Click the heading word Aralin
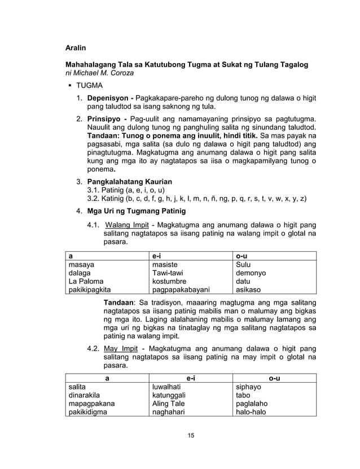pos(77,49)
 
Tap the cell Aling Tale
pos(168,404)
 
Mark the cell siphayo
pos(248,387)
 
